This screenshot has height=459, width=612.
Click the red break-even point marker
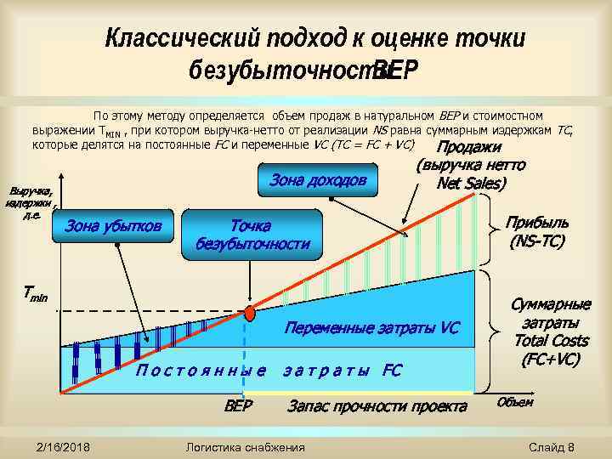click(x=250, y=313)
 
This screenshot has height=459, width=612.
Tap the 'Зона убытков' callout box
click(x=113, y=226)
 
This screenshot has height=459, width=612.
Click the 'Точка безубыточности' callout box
click(x=253, y=235)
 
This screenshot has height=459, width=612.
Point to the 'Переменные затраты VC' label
click(x=371, y=327)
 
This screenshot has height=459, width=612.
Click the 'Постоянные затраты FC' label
click(x=269, y=370)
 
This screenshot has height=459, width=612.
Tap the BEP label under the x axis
click(x=239, y=405)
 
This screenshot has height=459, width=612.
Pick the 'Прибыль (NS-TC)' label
click(x=537, y=232)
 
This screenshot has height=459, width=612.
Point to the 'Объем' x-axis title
click(x=514, y=401)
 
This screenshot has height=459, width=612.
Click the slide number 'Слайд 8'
click(x=552, y=447)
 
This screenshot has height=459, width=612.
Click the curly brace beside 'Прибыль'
click(x=489, y=229)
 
